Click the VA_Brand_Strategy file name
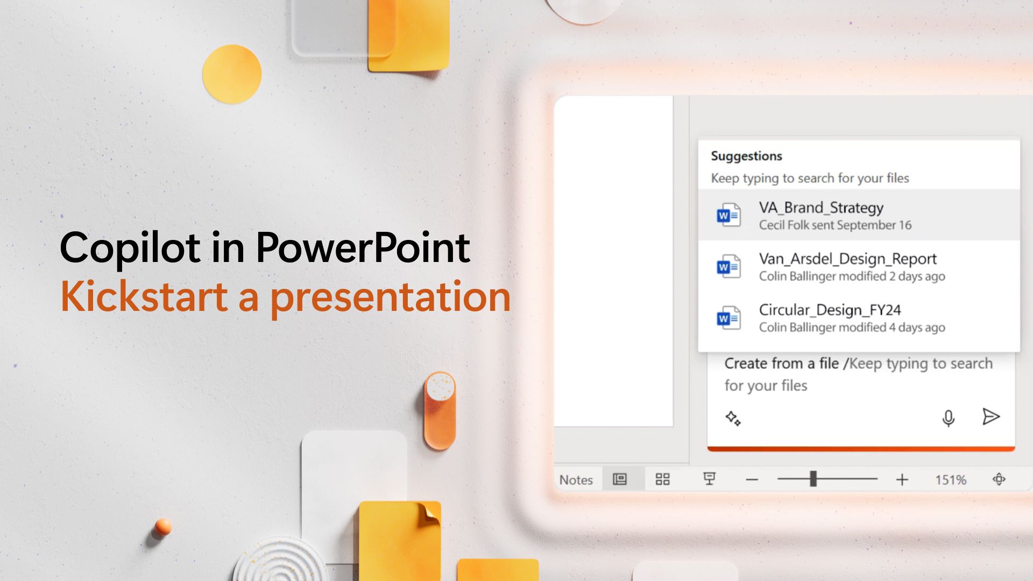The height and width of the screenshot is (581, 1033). click(x=821, y=208)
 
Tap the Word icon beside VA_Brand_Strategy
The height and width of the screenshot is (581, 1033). click(x=728, y=216)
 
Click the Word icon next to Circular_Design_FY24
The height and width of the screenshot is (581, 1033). click(x=728, y=318)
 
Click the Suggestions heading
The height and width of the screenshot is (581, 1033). click(x=746, y=156)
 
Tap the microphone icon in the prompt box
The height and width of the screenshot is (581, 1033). click(x=949, y=418)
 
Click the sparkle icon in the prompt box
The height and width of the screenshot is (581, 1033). click(x=733, y=418)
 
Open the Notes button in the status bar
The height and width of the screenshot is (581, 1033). click(x=576, y=479)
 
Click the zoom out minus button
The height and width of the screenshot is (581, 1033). click(x=752, y=479)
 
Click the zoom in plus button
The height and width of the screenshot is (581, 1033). click(x=902, y=479)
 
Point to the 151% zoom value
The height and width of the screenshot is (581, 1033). click(x=950, y=479)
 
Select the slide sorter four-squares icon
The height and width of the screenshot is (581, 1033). click(x=662, y=479)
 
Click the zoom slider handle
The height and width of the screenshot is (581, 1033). click(x=813, y=478)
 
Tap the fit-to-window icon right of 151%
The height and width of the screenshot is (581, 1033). click(x=999, y=479)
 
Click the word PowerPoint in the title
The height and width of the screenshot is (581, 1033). click(x=363, y=247)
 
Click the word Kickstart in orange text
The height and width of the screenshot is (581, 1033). click(x=144, y=296)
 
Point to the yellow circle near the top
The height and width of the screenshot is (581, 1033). click(x=232, y=74)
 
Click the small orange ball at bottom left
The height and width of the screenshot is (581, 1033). click(x=162, y=527)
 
